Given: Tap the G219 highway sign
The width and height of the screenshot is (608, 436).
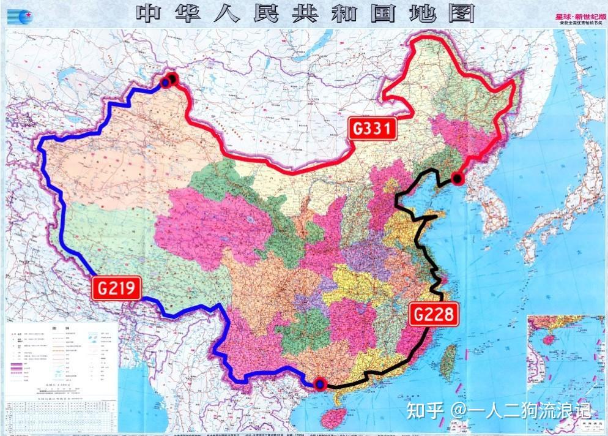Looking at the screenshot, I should [116, 287].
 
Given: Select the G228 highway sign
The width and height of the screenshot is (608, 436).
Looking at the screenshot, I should [433, 314].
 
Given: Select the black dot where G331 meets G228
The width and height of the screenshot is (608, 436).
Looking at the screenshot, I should [456, 179].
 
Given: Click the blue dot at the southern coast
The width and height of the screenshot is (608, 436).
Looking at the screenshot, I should [320, 385].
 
